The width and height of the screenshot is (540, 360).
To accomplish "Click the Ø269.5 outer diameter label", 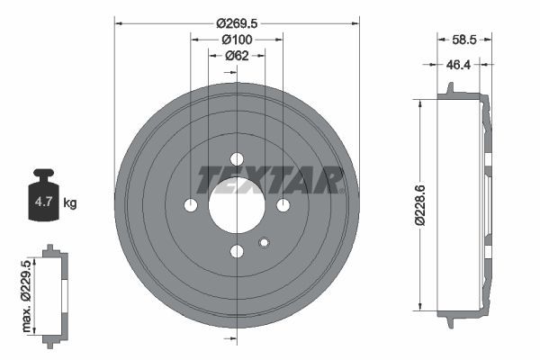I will point(237,23).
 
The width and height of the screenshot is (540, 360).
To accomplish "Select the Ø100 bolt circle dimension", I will point(237,40).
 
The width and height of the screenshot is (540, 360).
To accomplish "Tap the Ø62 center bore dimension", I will point(237,56).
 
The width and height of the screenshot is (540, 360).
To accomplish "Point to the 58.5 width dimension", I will point(464,40).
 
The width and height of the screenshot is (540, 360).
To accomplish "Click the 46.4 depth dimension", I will point(459,65).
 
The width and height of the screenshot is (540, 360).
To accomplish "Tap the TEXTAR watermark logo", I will point(270,180).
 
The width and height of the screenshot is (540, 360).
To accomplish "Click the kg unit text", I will point(69,203).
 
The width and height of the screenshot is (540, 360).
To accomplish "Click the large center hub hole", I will point(237,205).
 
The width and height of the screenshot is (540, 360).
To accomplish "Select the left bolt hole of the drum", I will point(191,206).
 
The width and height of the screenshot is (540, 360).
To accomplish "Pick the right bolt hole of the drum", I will point(283,206).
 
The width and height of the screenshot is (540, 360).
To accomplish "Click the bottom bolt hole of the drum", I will point(237,252).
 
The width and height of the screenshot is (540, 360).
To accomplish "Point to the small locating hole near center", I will point(264,241).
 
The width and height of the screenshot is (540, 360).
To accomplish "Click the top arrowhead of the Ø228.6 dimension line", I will point(419,102).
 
